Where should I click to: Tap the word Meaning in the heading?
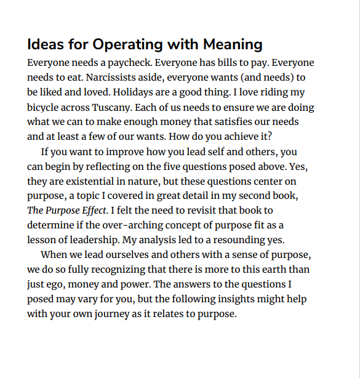231,45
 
